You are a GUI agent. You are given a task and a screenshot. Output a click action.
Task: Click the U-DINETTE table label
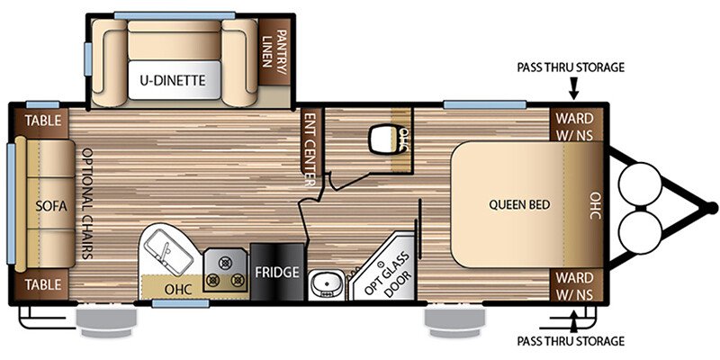174,81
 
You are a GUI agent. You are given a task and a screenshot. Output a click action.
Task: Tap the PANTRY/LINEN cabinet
274,52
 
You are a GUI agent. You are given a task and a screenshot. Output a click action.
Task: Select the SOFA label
51,206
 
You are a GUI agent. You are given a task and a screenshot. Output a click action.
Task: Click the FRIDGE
277,272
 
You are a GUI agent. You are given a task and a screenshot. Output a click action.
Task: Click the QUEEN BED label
519,204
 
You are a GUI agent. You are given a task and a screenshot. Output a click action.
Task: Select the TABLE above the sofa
42,121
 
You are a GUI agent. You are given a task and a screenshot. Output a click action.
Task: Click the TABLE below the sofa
42,284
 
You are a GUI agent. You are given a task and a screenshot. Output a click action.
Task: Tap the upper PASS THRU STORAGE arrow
573,88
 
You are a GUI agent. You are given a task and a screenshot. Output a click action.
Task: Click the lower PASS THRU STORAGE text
571,341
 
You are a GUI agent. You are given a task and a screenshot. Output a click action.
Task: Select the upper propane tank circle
640,184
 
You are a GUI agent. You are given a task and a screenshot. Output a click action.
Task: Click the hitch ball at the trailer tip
712,208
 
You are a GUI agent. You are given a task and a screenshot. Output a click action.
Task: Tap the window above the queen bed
485,104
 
